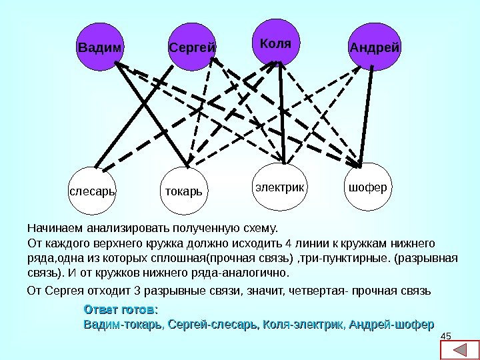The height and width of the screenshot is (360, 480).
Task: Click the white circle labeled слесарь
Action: coord(93,191)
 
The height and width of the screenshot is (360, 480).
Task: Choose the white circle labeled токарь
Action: coord(183,191)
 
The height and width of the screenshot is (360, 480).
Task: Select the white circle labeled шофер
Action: coord(367,187)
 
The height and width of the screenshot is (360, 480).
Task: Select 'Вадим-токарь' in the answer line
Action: coord(122,324)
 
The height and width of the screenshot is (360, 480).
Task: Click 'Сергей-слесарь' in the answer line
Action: coord(213,324)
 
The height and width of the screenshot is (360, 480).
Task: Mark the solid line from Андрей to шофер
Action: coord(367,113)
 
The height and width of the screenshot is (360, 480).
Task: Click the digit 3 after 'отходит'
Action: coord(137,291)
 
